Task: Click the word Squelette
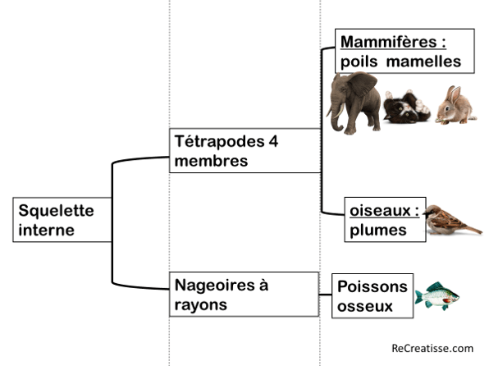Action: click(56, 211)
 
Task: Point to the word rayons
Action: click(200, 305)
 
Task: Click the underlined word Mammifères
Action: click(389, 42)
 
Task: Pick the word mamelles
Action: click(423, 62)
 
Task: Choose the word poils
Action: click(359, 62)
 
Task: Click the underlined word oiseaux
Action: click(380, 211)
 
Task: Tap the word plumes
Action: click(378, 231)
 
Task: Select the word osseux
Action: click(365, 306)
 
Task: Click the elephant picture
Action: click(354, 103)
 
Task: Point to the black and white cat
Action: click(407, 107)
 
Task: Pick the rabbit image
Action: click(456, 106)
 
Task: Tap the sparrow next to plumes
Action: click(452, 220)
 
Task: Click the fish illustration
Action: click(437, 296)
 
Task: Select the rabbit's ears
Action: click(453, 94)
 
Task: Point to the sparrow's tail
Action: click(473, 229)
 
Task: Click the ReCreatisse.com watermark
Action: click(432, 348)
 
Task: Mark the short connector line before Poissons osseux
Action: click(325, 295)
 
